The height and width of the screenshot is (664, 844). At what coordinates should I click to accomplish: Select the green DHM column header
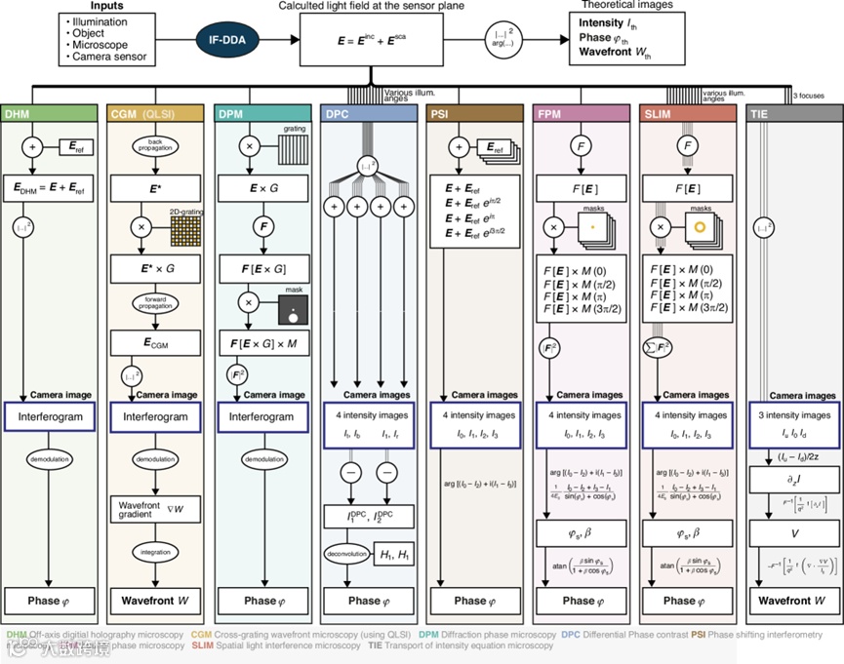(x=52, y=114)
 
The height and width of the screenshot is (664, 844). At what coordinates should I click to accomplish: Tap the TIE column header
(x=789, y=114)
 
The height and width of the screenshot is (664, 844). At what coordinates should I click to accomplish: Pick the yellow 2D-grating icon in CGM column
(x=186, y=231)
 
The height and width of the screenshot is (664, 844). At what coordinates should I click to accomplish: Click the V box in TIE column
(x=789, y=533)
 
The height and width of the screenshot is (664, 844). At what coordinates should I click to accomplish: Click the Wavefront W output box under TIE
(x=789, y=601)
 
